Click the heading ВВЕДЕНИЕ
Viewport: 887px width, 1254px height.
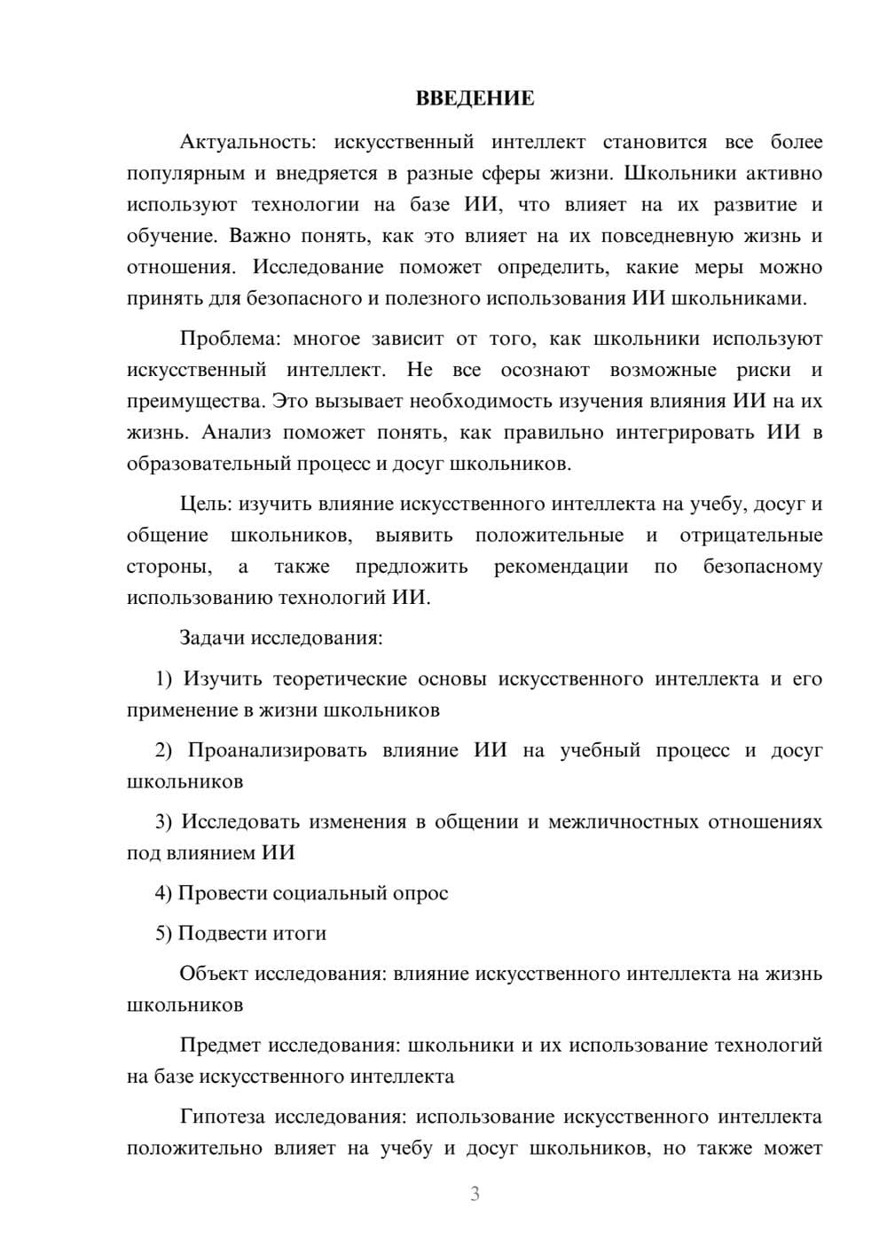[475, 98]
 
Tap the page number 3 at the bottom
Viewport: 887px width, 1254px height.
[475, 1194]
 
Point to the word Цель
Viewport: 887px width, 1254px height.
[205, 504]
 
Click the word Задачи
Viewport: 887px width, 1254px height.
[214, 638]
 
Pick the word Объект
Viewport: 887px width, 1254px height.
[214, 974]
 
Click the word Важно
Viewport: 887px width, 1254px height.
[258, 236]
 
